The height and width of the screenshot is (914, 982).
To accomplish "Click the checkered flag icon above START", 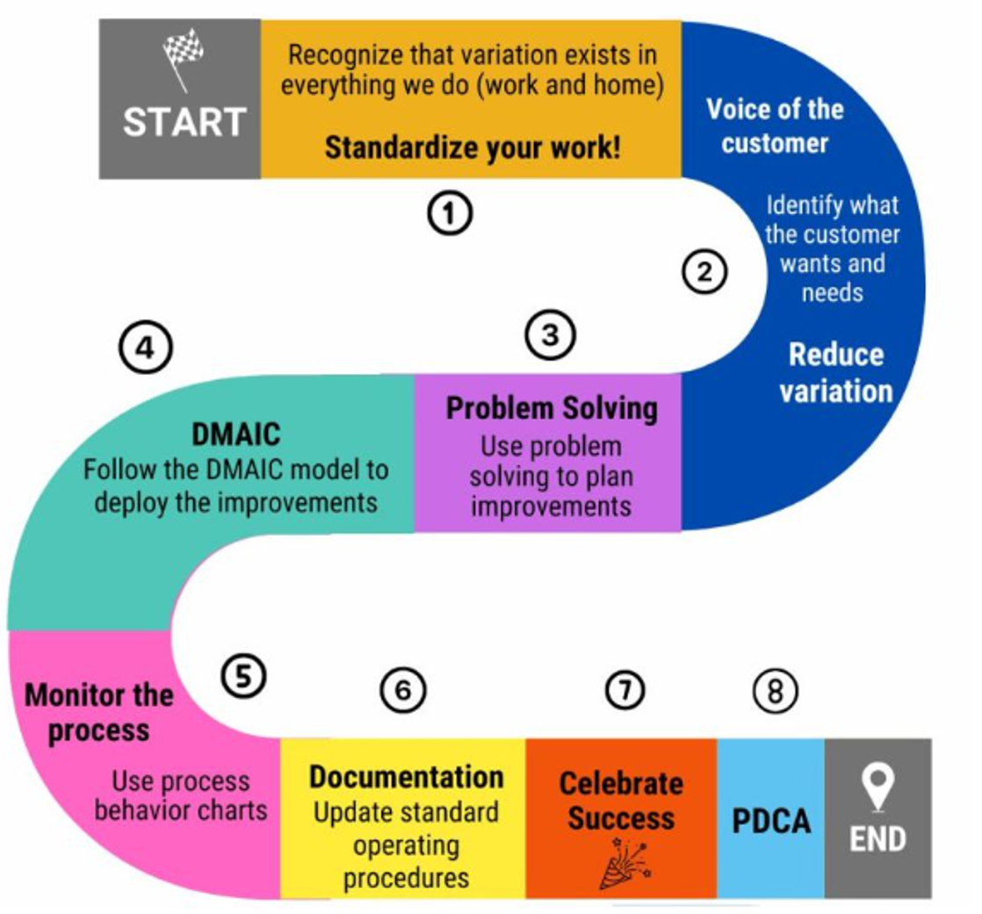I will [x=183, y=58].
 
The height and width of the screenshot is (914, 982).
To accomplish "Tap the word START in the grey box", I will [x=184, y=122].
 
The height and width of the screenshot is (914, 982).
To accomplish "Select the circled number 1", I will [x=451, y=212].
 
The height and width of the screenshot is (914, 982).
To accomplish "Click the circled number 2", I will [x=704, y=272].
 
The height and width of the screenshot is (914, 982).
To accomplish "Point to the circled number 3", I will [x=550, y=335].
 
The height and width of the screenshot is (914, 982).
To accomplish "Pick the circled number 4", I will [x=143, y=349].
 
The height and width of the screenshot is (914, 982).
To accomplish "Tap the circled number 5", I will [x=242, y=677].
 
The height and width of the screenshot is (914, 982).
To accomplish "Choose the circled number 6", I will [x=402, y=691].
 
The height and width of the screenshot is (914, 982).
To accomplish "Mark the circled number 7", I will [x=625, y=691].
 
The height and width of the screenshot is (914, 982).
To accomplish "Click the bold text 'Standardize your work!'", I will [x=473, y=147].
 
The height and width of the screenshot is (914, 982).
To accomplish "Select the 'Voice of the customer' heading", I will [x=775, y=126].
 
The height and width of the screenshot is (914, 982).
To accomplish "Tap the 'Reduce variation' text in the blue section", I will [x=835, y=372].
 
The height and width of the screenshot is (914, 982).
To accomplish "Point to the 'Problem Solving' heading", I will [x=551, y=408].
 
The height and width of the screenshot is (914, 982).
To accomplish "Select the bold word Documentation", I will [x=406, y=776].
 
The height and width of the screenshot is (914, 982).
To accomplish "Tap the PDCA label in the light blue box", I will [x=771, y=821].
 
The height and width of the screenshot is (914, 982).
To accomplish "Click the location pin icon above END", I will [x=878, y=782].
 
